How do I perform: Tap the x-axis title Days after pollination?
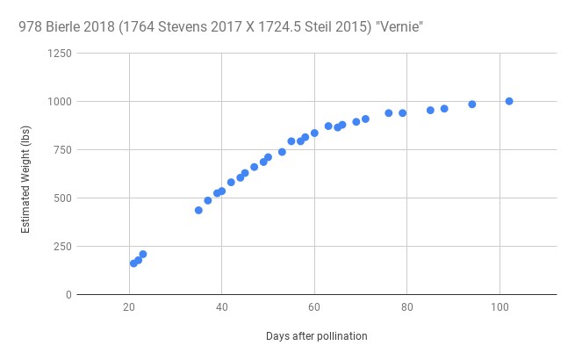pos(316,336)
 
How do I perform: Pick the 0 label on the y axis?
pos(67,295)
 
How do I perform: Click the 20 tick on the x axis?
pos(129,307)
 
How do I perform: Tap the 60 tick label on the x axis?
pos(314,307)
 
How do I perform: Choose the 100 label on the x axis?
pos(500,307)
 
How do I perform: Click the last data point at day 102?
pos(509,101)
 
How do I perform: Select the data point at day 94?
pos(471,104)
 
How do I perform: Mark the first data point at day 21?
pos(133,263)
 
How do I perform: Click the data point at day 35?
pos(198,210)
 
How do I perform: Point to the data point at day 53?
pos(282,152)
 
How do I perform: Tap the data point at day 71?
pos(365,119)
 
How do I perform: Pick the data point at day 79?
pos(402,112)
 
